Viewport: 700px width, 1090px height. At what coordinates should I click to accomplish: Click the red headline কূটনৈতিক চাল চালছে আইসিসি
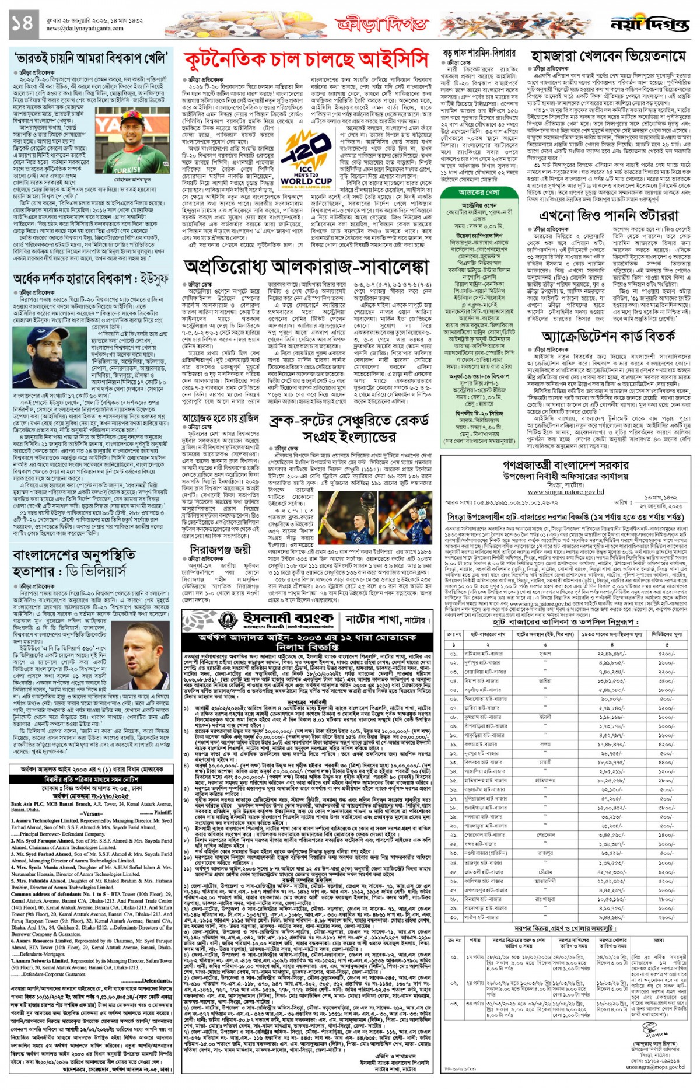[x=306, y=61]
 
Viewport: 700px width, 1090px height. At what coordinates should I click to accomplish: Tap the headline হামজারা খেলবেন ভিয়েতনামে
[x=608, y=57]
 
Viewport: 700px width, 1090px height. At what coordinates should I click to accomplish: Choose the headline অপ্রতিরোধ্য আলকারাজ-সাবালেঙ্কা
[x=306, y=266]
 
